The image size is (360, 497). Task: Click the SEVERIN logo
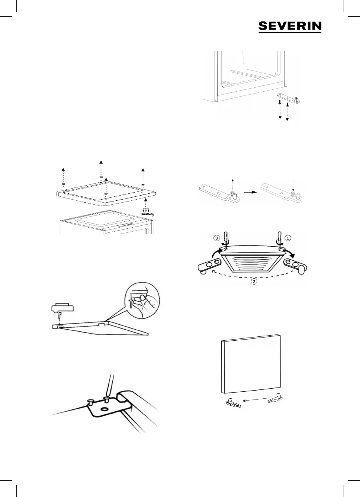(290, 26)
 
